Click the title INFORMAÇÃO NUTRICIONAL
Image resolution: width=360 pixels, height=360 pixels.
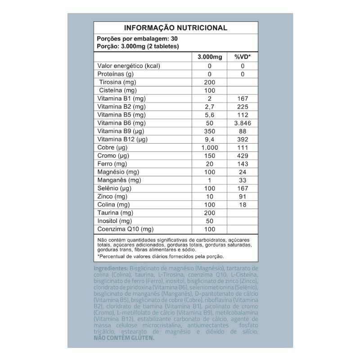[175, 28]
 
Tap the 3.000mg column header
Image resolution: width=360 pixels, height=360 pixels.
[210, 57]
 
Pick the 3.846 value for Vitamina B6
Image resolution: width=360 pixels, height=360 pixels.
[242, 123]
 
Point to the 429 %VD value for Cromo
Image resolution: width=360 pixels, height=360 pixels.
[242, 156]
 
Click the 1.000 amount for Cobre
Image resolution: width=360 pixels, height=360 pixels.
[210, 148]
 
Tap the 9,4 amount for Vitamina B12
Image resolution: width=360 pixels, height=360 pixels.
[210, 139]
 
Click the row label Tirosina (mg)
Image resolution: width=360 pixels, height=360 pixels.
[118, 82]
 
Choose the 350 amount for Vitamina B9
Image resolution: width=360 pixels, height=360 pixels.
[210, 131]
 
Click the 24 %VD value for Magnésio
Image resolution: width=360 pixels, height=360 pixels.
[242, 172]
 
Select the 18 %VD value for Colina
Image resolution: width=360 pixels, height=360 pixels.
[242, 205]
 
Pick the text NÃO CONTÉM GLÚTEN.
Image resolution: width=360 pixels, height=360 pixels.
[124, 338]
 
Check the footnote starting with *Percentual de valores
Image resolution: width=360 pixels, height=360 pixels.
[160, 256]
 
